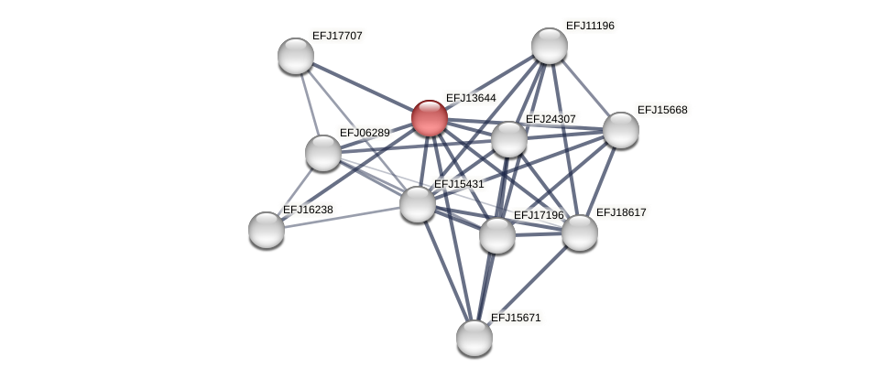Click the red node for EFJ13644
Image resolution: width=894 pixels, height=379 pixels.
tap(429, 118)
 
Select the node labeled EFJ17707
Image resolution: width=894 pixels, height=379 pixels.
tap(296, 56)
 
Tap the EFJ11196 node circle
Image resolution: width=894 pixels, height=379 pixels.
tap(550, 46)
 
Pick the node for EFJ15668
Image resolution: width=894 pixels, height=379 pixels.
tap(621, 130)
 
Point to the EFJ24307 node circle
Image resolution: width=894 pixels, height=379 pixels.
tap(509, 139)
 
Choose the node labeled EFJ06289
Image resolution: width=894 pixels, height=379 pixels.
tap(323, 153)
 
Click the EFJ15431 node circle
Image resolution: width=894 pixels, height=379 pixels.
tap(418, 204)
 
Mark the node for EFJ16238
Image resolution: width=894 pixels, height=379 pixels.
tap(267, 230)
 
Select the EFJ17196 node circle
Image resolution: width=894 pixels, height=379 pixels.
tap(497, 235)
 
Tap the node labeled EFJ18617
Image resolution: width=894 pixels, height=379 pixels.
tap(580, 233)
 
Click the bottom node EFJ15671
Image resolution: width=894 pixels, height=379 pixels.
tap(474, 338)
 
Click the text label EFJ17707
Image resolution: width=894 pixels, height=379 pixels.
tap(337, 36)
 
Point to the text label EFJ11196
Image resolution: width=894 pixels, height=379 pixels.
tap(590, 26)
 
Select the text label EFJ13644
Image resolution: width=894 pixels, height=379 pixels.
tap(471, 98)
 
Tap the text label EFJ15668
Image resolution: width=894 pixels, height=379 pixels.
tap(662, 110)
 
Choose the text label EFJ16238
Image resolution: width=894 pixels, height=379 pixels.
tap(308, 210)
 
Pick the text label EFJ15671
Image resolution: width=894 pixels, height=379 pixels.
tap(516, 318)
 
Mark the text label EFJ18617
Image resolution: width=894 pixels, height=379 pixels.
tap(621, 212)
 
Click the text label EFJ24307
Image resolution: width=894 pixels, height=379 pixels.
tap(551, 119)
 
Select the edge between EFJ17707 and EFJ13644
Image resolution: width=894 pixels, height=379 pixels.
tap(362, 87)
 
